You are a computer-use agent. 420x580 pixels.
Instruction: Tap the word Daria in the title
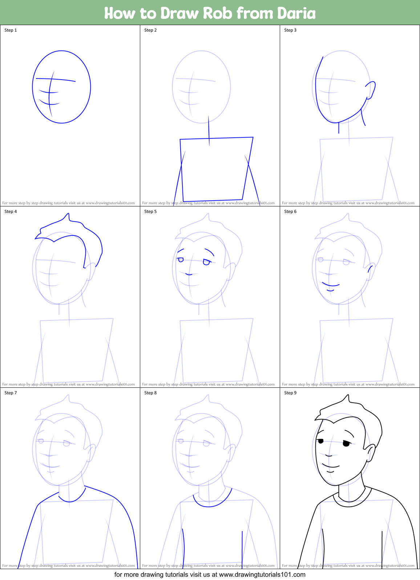click(296, 13)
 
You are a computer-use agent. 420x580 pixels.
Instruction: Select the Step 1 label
click(11, 30)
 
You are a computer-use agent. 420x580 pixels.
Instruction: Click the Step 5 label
click(150, 212)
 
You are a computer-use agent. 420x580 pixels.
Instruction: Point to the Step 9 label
click(290, 393)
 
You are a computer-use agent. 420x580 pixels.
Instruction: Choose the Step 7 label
click(11, 393)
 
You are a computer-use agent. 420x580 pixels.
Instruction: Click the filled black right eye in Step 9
click(346, 443)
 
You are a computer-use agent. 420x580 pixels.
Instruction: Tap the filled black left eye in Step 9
click(320, 441)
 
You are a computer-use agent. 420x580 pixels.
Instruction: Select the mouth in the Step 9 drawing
click(331, 466)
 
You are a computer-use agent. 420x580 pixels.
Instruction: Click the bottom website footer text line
click(210, 575)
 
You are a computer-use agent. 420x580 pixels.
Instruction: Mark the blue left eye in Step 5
click(181, 259)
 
